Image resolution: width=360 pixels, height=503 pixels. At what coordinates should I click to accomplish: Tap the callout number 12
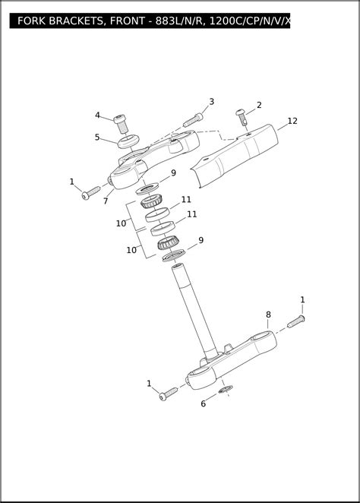(x=292, y=121)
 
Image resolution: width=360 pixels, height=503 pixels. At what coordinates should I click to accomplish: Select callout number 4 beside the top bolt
(x=97, y=115)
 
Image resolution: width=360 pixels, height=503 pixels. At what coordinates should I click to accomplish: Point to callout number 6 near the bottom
(x=204, y=403)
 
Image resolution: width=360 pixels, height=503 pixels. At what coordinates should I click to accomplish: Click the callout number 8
(x=268, y=315)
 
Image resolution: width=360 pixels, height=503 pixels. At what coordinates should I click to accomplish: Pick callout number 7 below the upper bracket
(x=106, y=201)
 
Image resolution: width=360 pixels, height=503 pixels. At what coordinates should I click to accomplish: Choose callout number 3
(x=212, y=102)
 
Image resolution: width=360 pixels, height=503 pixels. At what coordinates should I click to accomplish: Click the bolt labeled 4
(x=121, y=124)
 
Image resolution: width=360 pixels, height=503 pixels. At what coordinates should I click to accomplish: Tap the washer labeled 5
(x=128, y=141)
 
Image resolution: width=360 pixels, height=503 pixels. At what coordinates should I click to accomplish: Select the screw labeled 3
(x=193, y=120)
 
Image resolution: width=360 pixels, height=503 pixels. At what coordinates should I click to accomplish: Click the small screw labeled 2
(x=242, y=117)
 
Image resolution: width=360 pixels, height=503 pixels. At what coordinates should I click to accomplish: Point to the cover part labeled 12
(x=235, y=156)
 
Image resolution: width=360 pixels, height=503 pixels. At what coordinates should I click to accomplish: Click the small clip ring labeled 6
(x=226, y=389)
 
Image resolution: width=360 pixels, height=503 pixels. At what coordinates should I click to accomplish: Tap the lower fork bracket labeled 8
(x=232, y=361)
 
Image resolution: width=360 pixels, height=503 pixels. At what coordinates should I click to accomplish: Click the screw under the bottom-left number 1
(x=169, y=394)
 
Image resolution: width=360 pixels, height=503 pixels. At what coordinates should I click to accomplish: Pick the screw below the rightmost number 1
(x=296, y=321)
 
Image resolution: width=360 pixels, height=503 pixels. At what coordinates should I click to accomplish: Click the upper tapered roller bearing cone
(x=151, y=201)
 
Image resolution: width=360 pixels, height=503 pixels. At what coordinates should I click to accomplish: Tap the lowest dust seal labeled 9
(x=174, y=255)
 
